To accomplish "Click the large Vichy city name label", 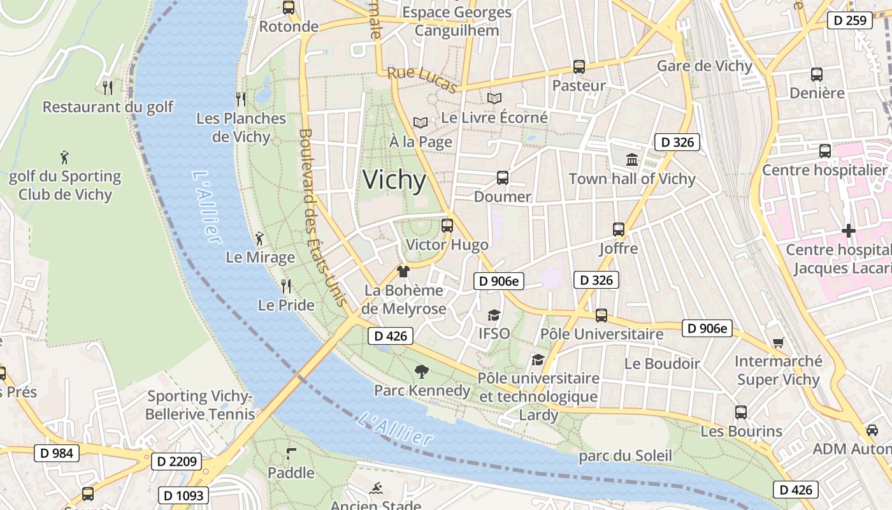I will [394, 180].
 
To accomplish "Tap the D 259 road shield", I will [850, 20].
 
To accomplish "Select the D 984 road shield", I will [56, 453].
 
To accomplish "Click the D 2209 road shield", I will [176, 462].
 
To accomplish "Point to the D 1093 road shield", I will [183, 495].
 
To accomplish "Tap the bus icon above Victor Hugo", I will [447, 225].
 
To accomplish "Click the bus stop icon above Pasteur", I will [579, 66].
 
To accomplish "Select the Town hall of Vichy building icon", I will [632, 159].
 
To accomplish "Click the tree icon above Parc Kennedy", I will [421, 371].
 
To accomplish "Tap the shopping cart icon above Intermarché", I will [778, 343].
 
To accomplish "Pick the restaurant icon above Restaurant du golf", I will [108, 87].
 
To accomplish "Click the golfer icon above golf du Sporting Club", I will [64, 157].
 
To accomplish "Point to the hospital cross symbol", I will [848, 230].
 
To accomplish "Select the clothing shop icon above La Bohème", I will [403, 272].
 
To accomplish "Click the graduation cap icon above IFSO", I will [494, 315].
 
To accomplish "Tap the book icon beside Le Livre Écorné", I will [494, 99].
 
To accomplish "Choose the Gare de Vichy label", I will [704, 66].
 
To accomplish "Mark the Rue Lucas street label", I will [422, 80].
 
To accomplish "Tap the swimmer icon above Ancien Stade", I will [376, 489].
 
